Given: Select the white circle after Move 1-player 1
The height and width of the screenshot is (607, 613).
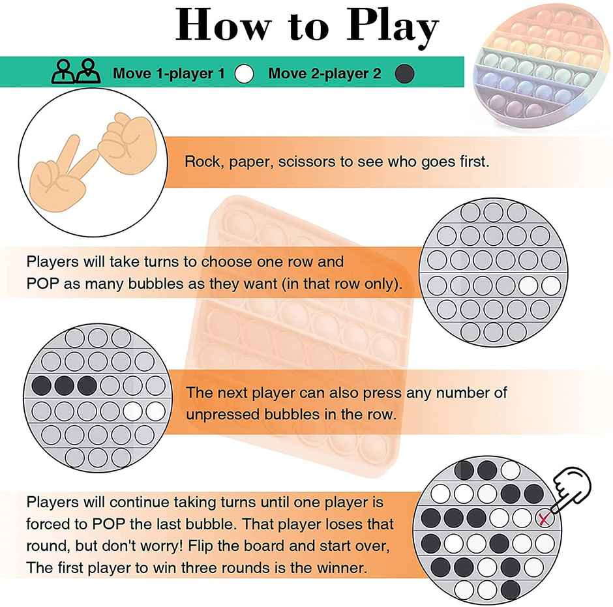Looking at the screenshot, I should (244, 74).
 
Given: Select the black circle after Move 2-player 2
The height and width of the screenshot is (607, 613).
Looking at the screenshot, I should (405, 74).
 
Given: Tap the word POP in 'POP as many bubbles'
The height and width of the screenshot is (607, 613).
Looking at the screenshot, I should (42, 285).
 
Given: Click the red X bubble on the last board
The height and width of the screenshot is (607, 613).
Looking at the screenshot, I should (543, 519).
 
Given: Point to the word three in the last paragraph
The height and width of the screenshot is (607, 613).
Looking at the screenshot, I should (207, 567).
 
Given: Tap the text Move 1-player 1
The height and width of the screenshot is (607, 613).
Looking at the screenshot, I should (168, 74).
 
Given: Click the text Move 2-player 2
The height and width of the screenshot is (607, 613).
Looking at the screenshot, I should (324, 74).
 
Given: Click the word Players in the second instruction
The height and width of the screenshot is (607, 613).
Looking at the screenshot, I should (51, 262).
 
